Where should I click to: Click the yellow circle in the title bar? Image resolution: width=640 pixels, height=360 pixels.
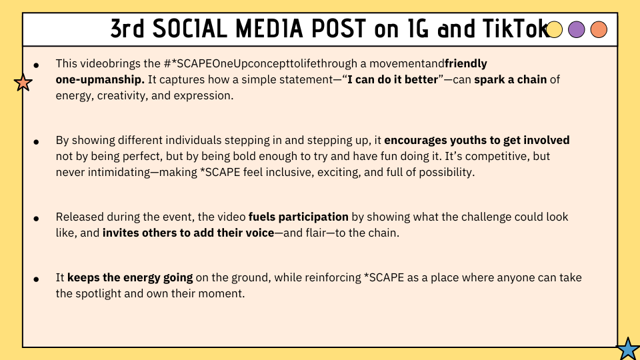point(554,29)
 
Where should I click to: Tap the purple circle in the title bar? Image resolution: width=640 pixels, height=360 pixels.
point(576,29)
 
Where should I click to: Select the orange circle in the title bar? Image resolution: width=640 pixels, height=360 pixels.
point(599,29)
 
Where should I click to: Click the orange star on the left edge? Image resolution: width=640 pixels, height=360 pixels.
point(23,83)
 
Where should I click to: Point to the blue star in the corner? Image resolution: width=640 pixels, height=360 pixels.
point(628,349)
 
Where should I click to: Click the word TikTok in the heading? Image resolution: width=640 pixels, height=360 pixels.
point(516,29)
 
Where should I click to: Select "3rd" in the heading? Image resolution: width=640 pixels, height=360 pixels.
point(127,29)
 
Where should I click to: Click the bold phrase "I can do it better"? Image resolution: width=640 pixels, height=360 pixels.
point(393,79)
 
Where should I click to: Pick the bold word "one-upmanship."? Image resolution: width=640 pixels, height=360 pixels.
point(100,79)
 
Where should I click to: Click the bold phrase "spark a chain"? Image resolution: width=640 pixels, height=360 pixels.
point(510,79)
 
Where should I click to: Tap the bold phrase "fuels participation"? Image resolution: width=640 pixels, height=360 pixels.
point(299,217)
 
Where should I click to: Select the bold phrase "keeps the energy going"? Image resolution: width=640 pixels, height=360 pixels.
point(130,278)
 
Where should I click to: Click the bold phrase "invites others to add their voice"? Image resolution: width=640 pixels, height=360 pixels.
point(188,233)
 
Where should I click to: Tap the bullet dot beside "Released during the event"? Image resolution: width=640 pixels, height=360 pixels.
point(36,219)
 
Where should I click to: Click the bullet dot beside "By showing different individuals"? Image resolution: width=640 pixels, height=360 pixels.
point(36,142)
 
